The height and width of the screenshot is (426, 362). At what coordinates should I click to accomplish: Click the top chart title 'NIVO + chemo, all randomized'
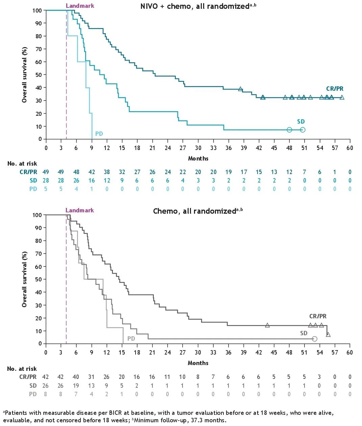tap(195, 6)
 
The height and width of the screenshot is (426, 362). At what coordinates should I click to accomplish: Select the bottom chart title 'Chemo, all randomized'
tap(194, 211)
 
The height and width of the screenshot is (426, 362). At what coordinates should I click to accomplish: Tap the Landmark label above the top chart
tap(80, 6)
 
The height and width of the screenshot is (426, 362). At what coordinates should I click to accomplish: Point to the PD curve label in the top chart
tap(99, 134)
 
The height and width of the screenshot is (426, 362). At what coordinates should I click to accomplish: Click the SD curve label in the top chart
tap(301, 122)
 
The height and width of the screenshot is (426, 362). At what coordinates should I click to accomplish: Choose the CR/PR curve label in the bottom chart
tap(318, 316)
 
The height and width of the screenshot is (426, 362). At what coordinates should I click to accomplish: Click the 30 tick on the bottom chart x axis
tap(198, 353)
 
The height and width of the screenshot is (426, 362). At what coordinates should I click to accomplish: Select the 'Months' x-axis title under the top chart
tap(198, 158)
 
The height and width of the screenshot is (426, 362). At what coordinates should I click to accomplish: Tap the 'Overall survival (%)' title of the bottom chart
tap(24, 279)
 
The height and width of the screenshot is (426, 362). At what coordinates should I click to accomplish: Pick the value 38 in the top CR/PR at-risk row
tap(107, 172)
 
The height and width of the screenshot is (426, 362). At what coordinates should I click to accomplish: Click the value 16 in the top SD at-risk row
tap(92, 180)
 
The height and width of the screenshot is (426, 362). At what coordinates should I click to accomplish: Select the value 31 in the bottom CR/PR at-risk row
tap(91, 377)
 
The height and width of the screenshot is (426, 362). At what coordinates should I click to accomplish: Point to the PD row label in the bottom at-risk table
tap(33, 394)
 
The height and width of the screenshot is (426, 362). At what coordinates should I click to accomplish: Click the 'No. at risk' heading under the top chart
tap(22, 164)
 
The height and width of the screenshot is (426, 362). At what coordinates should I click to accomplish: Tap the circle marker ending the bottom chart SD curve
tap(315, 339)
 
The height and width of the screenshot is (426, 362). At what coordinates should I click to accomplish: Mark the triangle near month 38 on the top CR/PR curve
tap(240, 89)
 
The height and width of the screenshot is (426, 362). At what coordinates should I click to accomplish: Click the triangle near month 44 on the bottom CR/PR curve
tap(267, 325)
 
